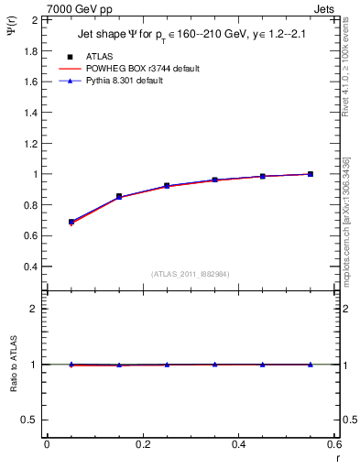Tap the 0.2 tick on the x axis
pos(142,444)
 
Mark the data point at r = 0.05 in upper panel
pos(71,222)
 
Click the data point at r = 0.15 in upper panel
pos(119,196)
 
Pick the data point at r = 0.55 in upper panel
pos(311,174)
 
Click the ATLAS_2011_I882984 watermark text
pos(191,274)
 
